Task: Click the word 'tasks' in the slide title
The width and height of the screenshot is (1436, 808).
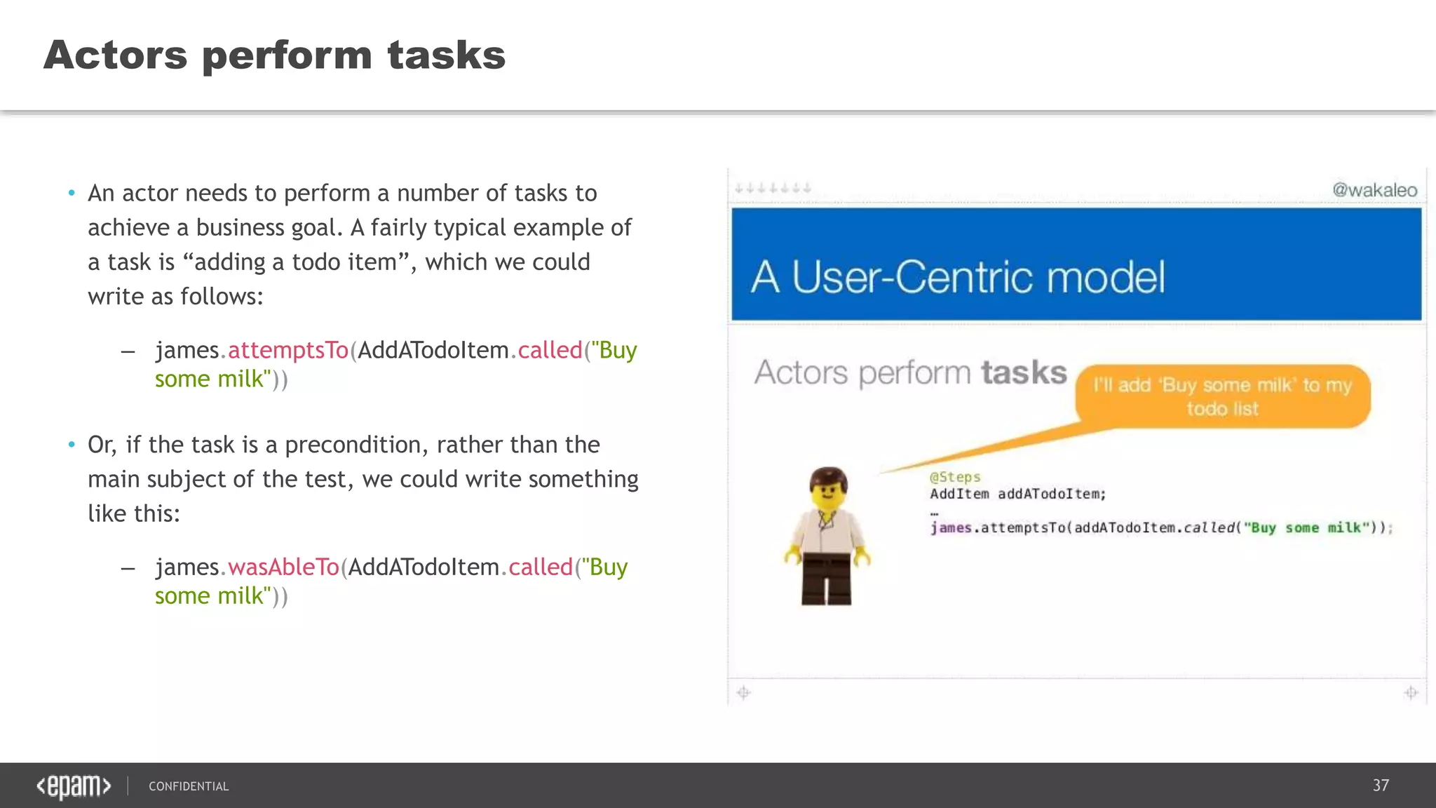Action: point(446,55)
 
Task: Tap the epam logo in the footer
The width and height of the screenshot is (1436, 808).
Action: point(74,786)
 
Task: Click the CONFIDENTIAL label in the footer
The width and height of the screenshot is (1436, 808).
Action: point(189,786)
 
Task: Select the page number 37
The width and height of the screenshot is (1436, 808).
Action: point(1381,785)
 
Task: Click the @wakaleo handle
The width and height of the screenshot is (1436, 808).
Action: point(1374,190)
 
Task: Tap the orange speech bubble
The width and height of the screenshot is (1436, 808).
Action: point(1222,396)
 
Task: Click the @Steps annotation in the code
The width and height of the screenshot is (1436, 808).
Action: point(955,477)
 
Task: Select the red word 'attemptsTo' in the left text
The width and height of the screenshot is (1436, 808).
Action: point(288,350)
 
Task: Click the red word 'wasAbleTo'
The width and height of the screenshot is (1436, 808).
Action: point(283,567)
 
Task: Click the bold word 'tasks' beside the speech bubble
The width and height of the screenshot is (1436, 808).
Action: point(1024,372)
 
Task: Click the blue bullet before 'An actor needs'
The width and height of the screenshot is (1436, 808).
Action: point(72,193)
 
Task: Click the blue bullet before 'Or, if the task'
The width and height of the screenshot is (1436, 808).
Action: point(72,445)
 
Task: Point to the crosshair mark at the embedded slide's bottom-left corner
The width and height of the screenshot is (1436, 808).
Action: point(744,693)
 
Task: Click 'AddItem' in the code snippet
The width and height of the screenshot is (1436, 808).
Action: point(959,494)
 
